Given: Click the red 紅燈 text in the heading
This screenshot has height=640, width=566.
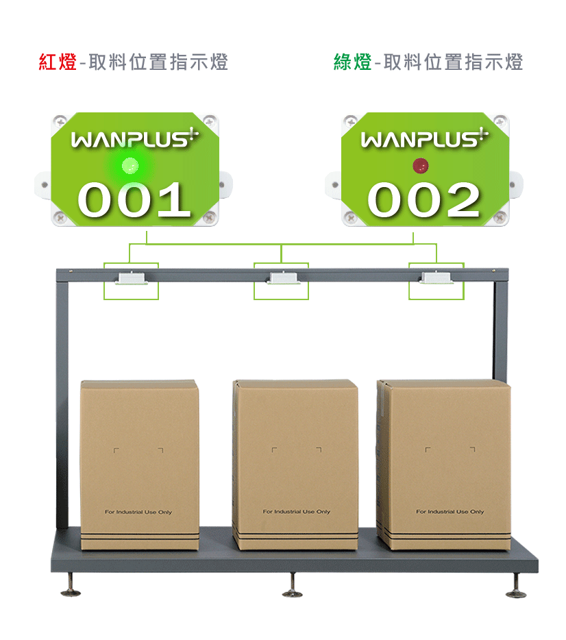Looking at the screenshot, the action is coord(58,62).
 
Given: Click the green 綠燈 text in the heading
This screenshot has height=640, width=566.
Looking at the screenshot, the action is coord(353,62).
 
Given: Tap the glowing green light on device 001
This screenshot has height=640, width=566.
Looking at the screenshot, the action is coord(130,166).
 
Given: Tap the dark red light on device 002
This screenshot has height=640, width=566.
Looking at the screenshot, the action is coord(420,166).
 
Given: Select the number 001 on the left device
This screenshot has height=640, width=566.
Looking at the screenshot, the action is coord(134,199).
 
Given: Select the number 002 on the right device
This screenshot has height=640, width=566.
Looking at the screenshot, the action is coord(423,199).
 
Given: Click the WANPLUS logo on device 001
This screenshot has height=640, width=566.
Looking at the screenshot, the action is coord(134,138).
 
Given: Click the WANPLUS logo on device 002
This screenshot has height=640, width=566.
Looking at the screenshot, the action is coord(424,138).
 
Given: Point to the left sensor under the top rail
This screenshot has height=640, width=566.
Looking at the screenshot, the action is coord(131,278).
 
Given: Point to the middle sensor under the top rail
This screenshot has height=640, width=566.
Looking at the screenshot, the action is coord(284,278).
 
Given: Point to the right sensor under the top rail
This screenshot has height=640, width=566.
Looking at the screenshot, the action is coord(436,278).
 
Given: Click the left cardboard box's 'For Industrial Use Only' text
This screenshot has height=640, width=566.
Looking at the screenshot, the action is coord(138,512).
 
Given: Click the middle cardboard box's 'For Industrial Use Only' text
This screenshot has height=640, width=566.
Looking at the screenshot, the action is coord(296,511).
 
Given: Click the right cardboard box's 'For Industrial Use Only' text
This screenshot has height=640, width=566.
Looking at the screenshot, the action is coord(450,511).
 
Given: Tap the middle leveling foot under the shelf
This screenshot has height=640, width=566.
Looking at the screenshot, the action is coord(293,586).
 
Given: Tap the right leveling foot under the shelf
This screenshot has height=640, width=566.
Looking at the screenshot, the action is coord(516,586).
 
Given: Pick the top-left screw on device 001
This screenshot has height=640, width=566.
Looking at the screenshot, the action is coord(60,122).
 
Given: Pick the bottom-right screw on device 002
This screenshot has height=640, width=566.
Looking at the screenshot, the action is coord(501,217).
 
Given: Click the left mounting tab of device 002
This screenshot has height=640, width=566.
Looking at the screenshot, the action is coord(333,185).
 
